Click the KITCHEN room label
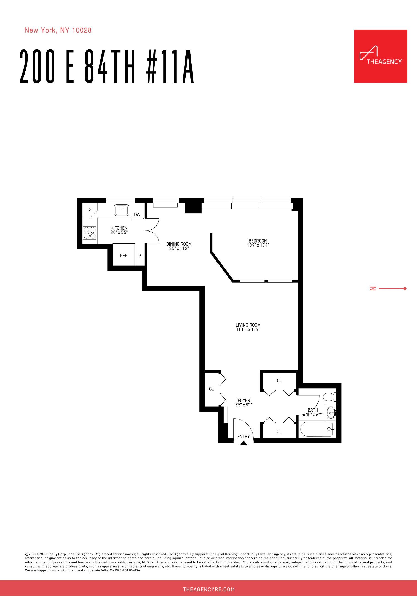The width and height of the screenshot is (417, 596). [x=119, y=228]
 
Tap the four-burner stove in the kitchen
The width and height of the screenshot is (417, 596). [x=90, y=233]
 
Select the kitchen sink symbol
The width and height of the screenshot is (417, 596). [x=121, y=210]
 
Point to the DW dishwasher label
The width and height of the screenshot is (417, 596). [x=137, y=215]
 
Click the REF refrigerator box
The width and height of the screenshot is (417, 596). [x=124, y=256]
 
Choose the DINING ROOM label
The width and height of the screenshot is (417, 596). [x=179, y=244]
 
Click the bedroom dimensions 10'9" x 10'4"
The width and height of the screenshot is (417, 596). [x=258, y=245]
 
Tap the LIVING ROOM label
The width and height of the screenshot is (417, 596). [x=248, y=325]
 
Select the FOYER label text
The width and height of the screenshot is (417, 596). [x=244, y=400]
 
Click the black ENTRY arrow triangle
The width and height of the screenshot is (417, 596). [x=243, y=443]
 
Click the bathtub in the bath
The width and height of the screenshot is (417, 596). [x=317, y=429]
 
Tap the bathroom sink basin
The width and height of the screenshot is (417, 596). [x=331, y=413]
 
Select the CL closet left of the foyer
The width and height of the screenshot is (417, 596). [x=212, y=389]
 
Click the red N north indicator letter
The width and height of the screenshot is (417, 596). [x=373, y=289]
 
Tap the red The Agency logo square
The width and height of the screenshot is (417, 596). [x=380, y=56]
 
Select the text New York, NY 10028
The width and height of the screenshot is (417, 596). [x=58, y=30]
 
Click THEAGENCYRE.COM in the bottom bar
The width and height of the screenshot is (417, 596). [x=209, y=590]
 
